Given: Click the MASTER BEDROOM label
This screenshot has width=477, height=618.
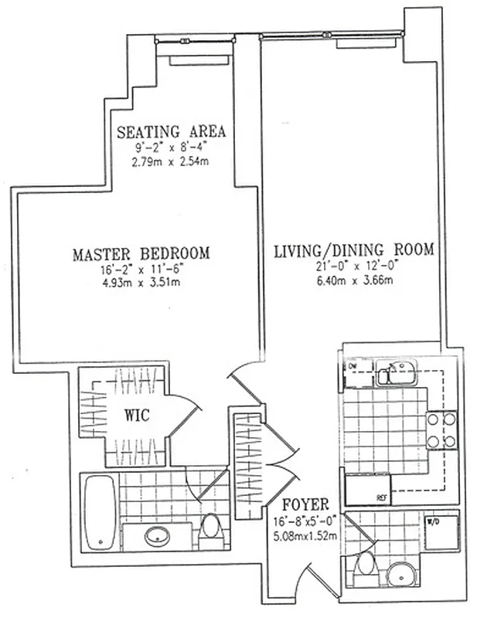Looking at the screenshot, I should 141,254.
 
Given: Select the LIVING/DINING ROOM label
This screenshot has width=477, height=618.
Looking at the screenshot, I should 354,250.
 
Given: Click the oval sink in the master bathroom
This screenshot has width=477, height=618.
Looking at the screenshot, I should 159,535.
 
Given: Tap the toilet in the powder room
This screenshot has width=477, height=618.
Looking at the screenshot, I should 361,572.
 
